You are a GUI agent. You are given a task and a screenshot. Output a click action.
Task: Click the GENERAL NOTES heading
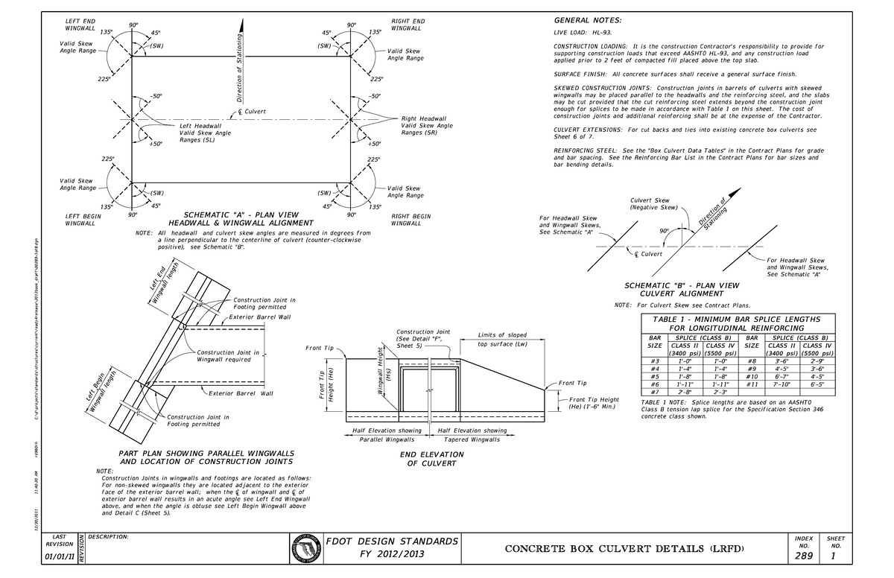click(x=588, y=20)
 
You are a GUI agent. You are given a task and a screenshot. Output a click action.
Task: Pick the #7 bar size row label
click(x=655, y=392)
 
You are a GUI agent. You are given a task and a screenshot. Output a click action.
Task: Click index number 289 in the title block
click(x=804, y=556)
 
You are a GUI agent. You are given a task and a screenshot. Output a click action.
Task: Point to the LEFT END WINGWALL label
click(x=78, y=25)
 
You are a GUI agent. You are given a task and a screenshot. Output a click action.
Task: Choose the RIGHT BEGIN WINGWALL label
click(x=410, y=220)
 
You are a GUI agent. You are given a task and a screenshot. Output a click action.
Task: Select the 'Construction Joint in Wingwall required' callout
click(x=227, y=356)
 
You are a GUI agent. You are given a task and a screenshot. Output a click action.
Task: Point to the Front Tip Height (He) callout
click(x=594, y=403)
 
